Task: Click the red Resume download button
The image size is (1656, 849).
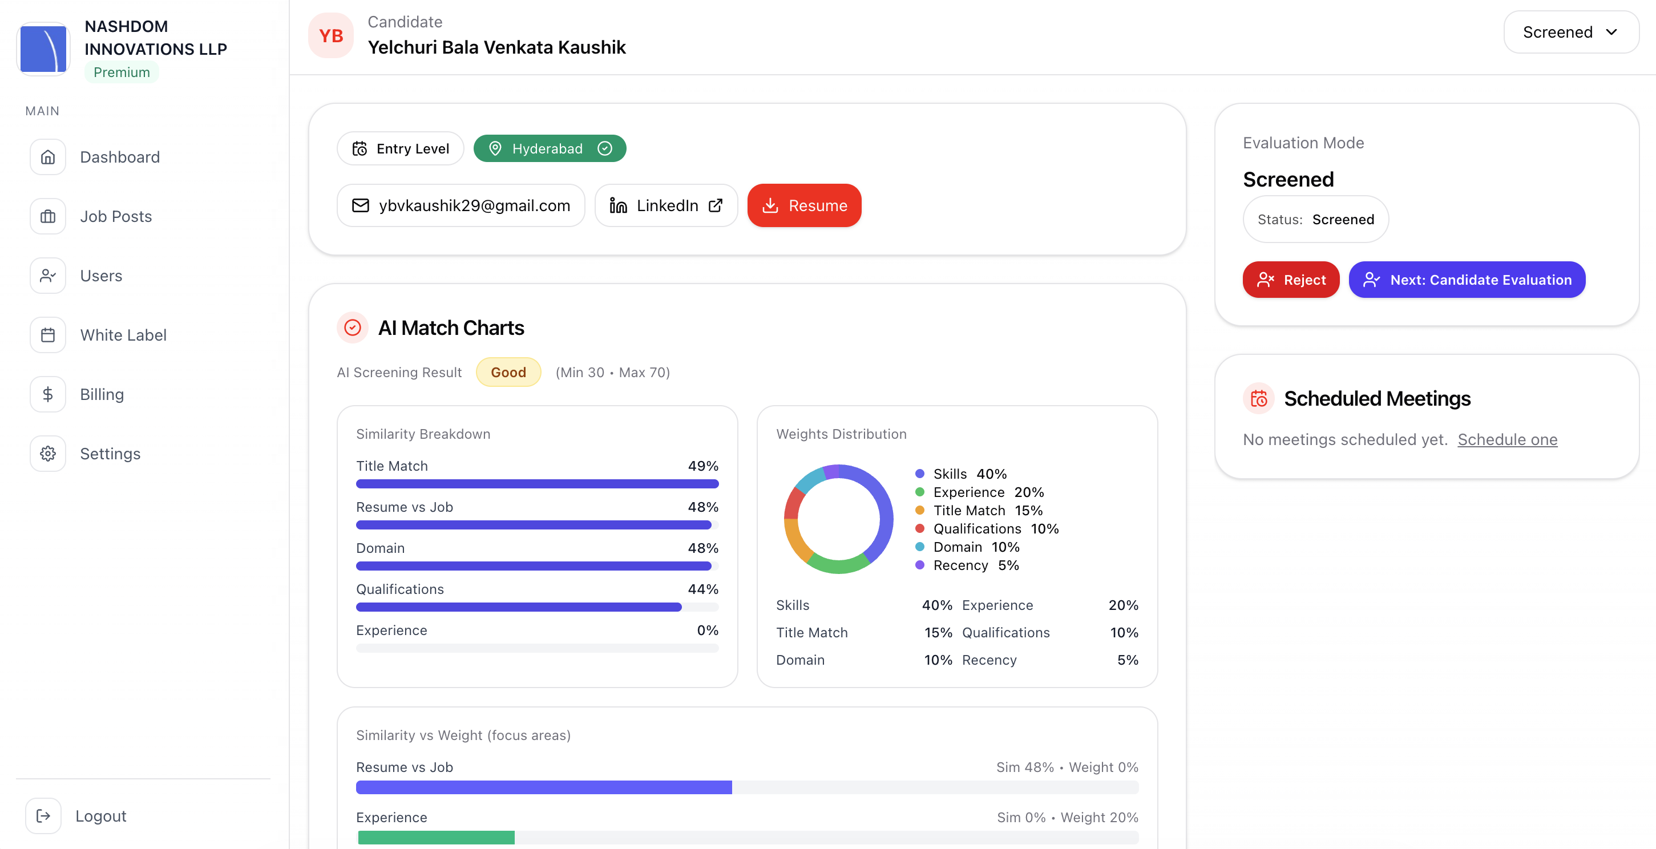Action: (803, 205)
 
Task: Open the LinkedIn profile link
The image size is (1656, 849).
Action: (666, 205)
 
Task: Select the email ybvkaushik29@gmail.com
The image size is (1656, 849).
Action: (461, 205)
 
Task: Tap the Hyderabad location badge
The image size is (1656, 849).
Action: (549, 148)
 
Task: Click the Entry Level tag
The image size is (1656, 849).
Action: (400, 148)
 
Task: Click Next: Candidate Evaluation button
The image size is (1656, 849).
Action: (1467, 280)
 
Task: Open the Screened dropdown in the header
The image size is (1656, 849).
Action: (1570, 32)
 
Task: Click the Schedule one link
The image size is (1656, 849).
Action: (1507, 439)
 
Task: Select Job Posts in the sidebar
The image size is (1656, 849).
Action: (116, 217)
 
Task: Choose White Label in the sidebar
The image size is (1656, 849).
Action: (123, 335)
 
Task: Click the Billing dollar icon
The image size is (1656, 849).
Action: (47, 394)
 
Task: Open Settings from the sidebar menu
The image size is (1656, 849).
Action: (110, 454)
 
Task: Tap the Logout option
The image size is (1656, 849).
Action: (100, 815)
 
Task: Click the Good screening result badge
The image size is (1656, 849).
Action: (508, 372)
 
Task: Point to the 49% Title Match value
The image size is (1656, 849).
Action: (702, 466)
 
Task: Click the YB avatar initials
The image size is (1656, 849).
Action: (331, 36)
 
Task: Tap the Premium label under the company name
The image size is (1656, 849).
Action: (122, 72)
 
